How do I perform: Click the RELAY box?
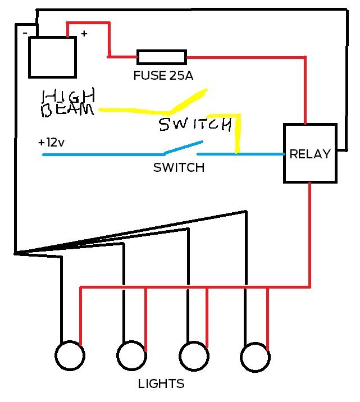311,153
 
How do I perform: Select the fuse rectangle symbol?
162,57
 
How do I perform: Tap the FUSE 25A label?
163,76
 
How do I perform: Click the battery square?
52,57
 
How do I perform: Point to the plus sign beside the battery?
84,34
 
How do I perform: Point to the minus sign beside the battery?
25,33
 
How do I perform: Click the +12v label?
52,143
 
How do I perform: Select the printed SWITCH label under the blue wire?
179,167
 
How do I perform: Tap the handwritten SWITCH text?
195,125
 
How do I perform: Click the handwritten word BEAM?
67,110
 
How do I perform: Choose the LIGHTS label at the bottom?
161,384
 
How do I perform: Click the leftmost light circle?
70,356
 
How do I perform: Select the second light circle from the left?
132,356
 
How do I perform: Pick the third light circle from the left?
194,356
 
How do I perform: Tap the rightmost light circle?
255,356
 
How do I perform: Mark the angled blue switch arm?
183,147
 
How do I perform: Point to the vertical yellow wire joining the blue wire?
238,135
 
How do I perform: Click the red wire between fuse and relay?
247,57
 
